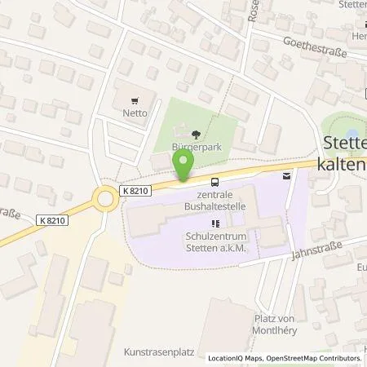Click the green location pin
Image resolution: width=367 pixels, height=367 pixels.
183,166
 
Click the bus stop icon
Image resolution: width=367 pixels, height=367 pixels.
214,182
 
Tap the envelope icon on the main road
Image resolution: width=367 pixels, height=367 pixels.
286,175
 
